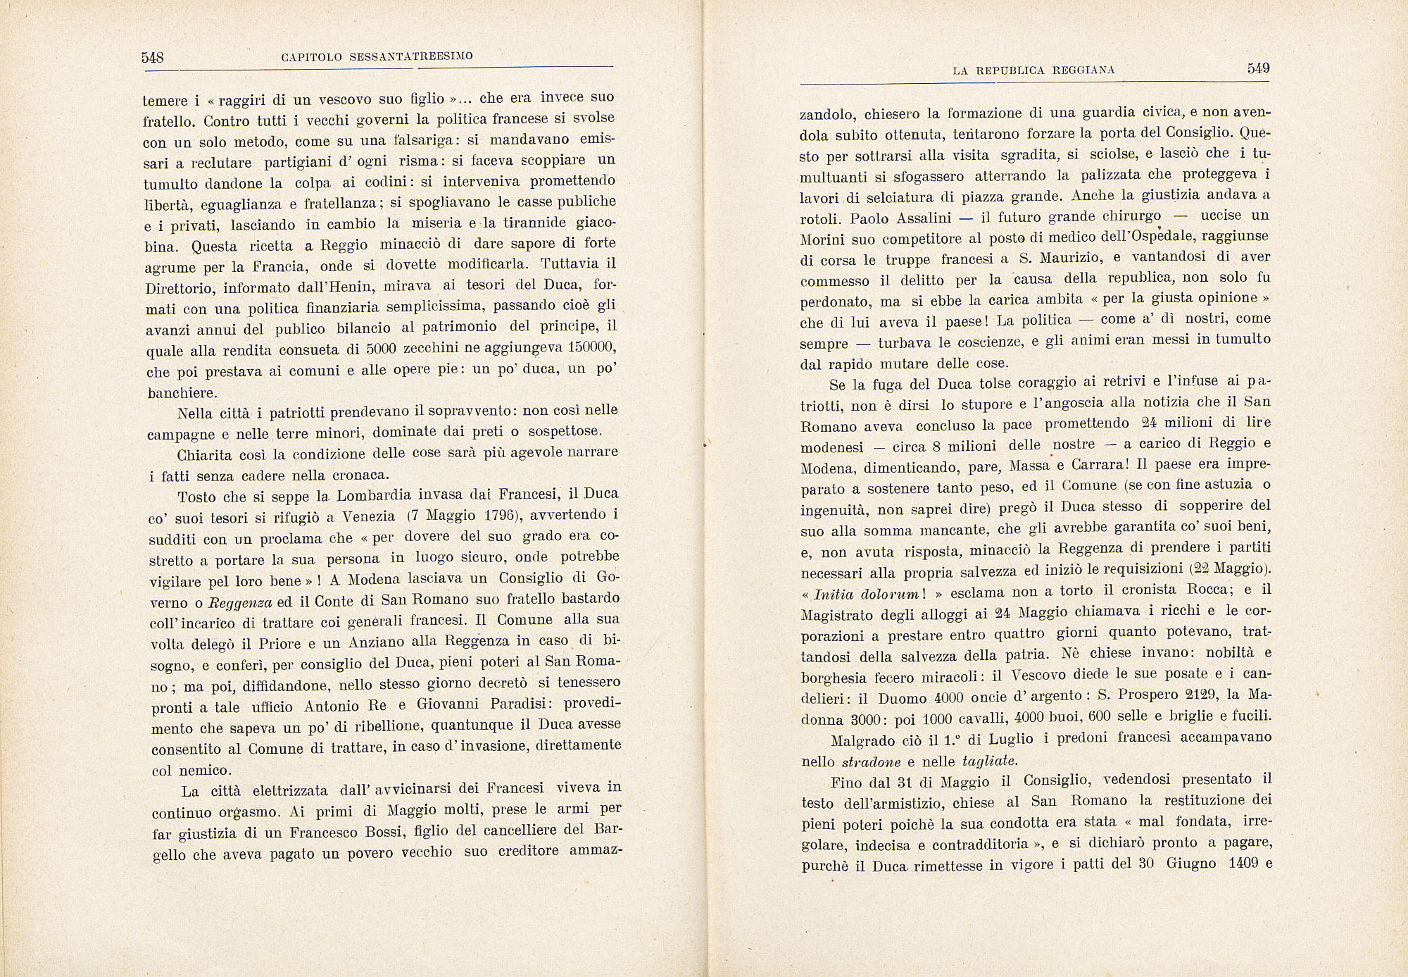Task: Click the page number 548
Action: pyautogui.click(x=152, y=58)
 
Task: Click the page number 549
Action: pyautogui.click(x=1258, y=68)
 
